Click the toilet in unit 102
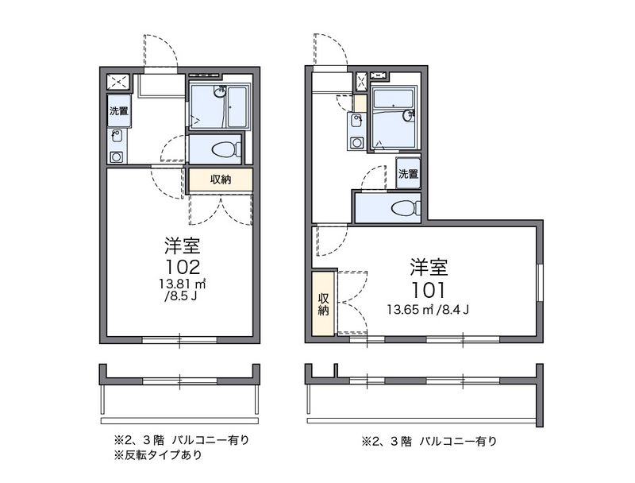pos(227,149)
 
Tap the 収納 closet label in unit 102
pos(221,180)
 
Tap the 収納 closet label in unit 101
pos(323,304)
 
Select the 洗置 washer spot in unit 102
pos(119,111)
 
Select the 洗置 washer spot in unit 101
pos(408,174)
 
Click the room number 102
pos(183,267)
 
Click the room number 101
pos(429,290)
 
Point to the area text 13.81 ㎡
pos(183,284)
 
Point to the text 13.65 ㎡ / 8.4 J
pos(428,311)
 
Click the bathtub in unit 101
pos(393,98)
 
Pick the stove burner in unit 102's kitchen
pos(117,156)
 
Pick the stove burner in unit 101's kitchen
pos(356,143)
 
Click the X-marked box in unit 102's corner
pos(118,83)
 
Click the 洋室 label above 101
pos(429,267)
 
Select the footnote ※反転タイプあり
pos(158,455)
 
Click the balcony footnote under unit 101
pos(429,441)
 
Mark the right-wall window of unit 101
pos(540,283)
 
